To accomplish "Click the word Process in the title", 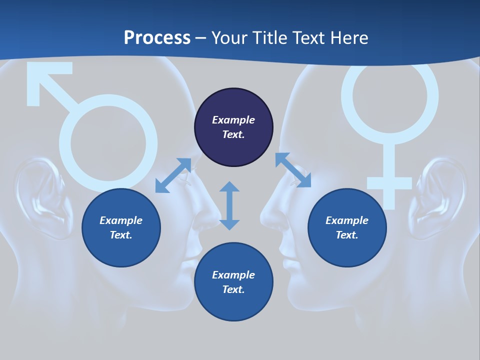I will pyautogui.click(x=157, y=38).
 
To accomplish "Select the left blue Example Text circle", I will pyautogui.click(x=121, y=227).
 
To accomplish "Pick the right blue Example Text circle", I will pyautogui.click(x=347, y=227).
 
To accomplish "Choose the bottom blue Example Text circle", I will pyautogui.click(x=233, y=282).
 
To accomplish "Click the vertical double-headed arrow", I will pyautogui.click(x=229, y=205).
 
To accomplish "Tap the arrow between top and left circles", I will pyautogui.click(x=173, y=175).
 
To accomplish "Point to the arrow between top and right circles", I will pyautogui.click(x=293, y=170).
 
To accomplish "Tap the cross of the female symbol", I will pyautogui.click(x=389, y=182).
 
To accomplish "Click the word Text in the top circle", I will pyautogui.click(x=233, y=134).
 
